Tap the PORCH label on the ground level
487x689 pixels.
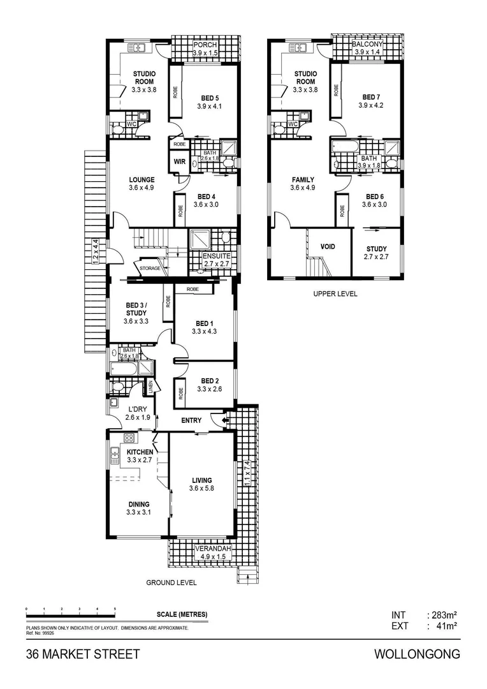click(205, 45)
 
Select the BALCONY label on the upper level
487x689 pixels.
click(367, 44)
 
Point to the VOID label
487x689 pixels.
click(328, 246)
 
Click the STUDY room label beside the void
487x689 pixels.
click(377, 249)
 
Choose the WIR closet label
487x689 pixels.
click(179, 161)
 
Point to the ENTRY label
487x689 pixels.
click(191, 420)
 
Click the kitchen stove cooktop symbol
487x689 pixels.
click(127, 438)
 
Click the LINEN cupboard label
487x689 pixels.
click(151, 387)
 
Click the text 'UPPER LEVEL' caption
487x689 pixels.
click(335, 294)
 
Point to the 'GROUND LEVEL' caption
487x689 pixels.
click(171, 582)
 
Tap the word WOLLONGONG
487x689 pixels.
click(417, 655)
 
